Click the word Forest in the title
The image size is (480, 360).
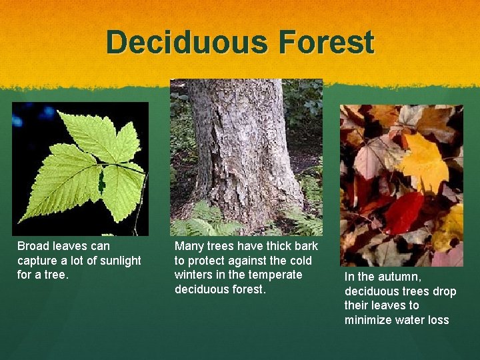point(326,42)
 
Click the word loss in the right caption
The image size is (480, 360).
point(437,320)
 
